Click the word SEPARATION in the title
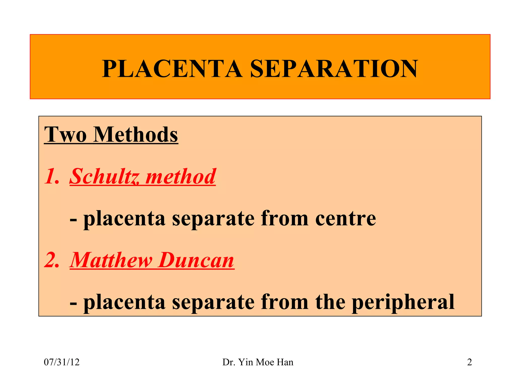(x=334, y=69)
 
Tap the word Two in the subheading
(x=65, y=135)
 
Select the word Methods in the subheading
(x=136, y=135)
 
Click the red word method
(x=181, y=176)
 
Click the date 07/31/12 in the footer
(x=62, y=362)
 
